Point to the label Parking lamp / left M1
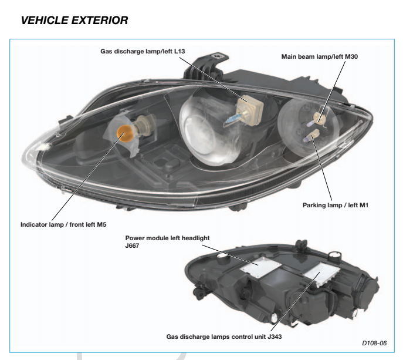336,205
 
